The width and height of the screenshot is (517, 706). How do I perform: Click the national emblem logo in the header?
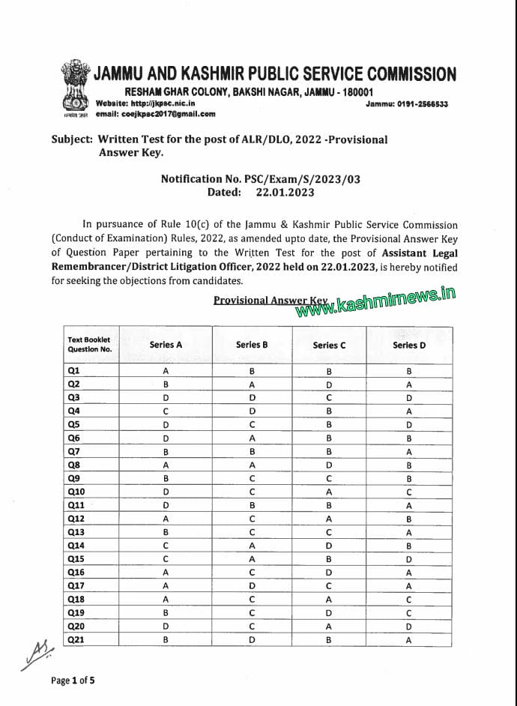pos(75,89)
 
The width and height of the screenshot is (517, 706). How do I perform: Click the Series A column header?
pos(166,345)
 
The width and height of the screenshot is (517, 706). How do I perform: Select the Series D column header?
pos(408,345)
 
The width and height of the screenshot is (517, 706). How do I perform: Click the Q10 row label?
pos(76,492)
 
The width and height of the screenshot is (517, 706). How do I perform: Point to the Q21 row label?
pos(76,639)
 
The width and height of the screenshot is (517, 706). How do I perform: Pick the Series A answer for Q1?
pos(166,371)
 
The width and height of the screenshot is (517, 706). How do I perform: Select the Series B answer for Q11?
pos(252,506)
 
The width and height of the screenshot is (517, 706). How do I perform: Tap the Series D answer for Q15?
pos(408,559)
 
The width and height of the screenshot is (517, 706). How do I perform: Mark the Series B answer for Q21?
pos(252,639)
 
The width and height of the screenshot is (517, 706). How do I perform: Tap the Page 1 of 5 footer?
pos(73,681)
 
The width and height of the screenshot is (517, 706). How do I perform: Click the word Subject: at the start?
pos(73,139)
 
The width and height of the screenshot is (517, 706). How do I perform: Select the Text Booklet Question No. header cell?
pos(89,345)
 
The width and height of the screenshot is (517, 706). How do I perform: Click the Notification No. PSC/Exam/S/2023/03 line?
pos(260,179)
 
